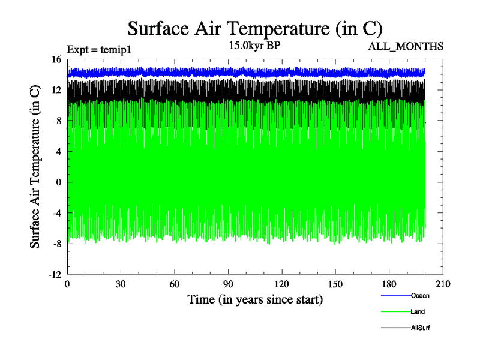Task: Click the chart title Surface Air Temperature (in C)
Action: (255, 29)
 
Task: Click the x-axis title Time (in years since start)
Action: (255, 299)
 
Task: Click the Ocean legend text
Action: (420, 295)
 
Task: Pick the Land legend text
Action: (418, 311)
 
